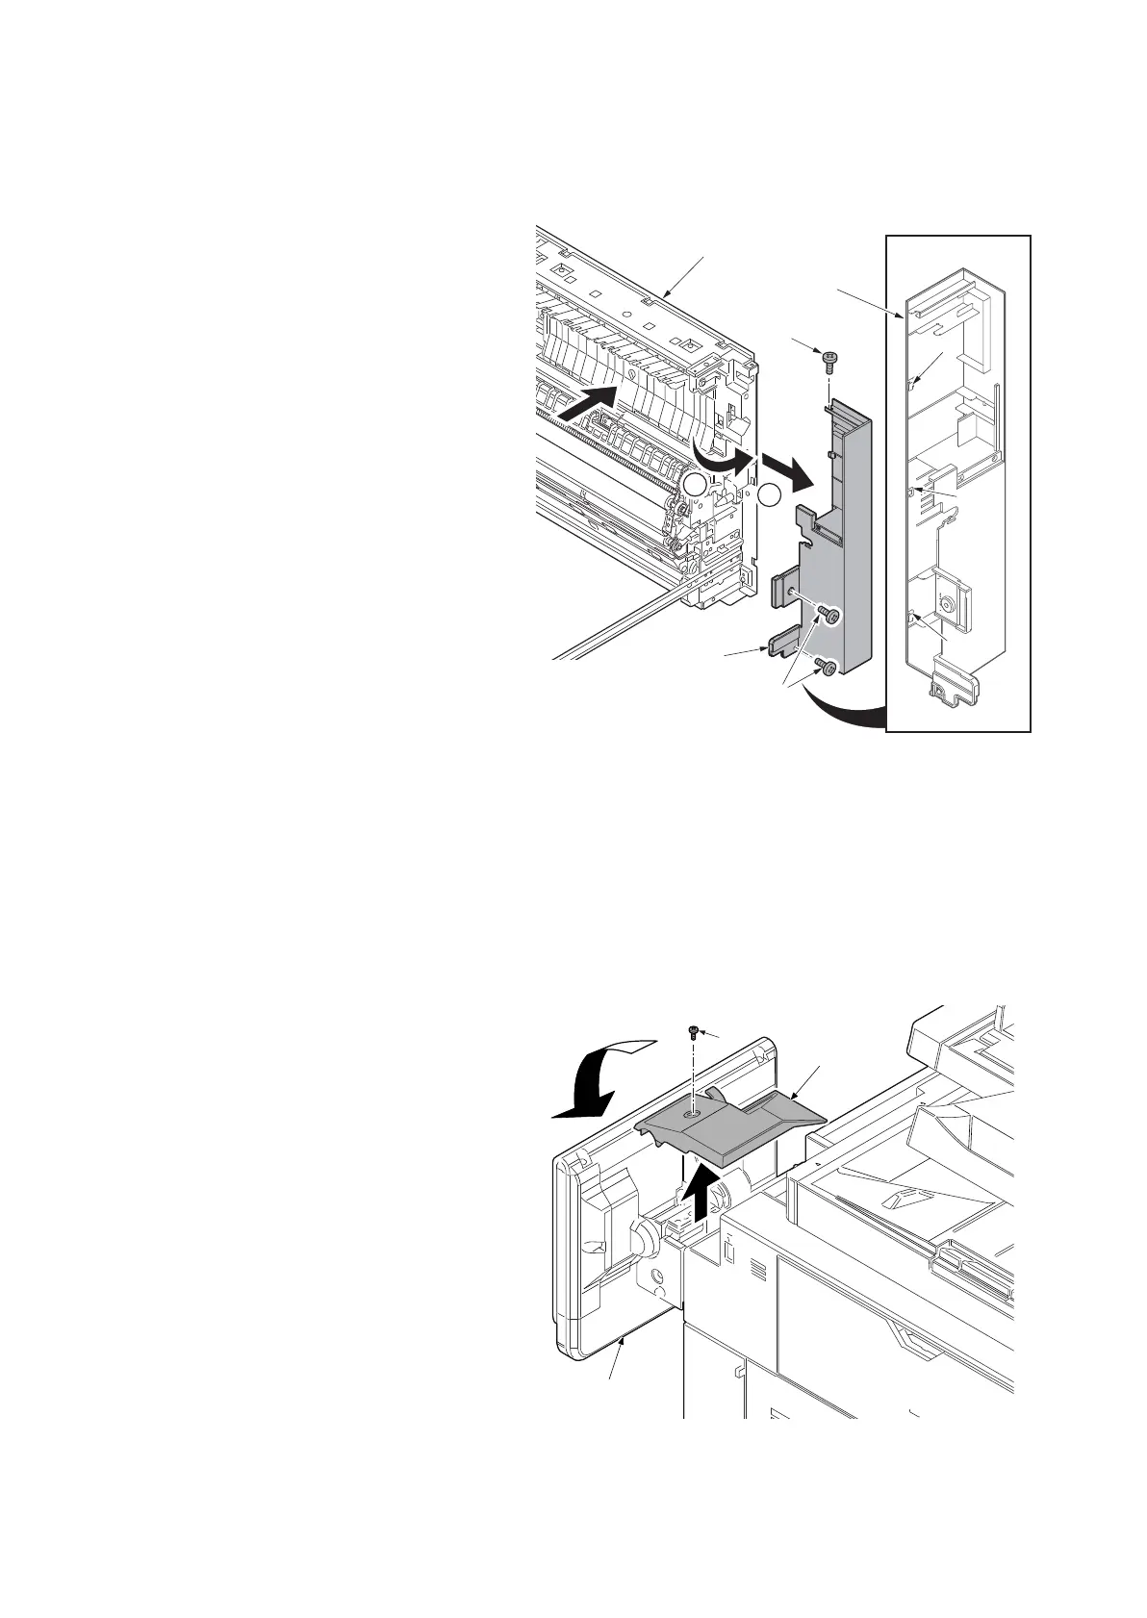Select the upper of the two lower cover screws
pos(828,615)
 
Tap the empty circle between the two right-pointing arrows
pos(770,495)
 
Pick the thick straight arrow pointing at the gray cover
pos(784,471)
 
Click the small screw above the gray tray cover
pos(692,1032)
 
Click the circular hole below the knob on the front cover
pos(659,1278)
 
